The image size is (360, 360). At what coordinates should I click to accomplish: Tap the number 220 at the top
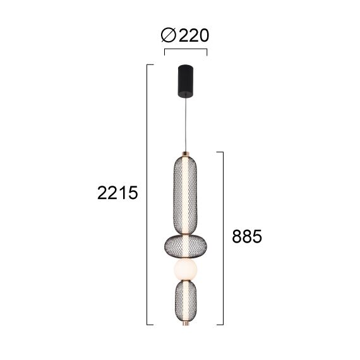(x=193, y=36)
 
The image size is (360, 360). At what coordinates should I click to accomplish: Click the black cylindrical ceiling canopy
(x=186, y=80)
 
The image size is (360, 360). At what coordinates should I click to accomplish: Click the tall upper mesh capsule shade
(x=186, y=193)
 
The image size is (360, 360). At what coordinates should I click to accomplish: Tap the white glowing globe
(x=186, y=270)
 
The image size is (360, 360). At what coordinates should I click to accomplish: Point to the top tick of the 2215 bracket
(x=150, y=64)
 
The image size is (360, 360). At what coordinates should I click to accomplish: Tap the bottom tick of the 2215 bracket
(x=150, y=325)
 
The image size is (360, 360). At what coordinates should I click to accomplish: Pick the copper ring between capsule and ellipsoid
(x=186, y=231)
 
